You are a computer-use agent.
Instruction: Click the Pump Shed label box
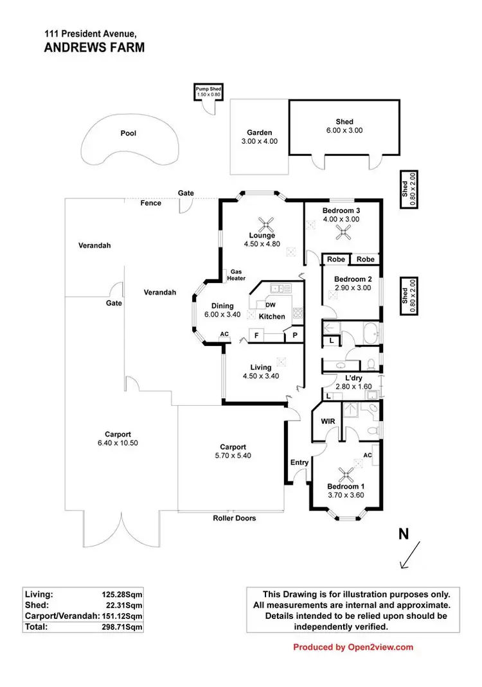click(208, 92)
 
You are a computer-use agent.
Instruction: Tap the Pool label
click(129, 134)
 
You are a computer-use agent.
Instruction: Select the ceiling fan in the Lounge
click(266, 224)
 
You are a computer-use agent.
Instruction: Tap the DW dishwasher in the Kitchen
click(270, 305)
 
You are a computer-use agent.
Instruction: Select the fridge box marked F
click(256, 335)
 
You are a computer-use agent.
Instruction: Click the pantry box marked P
click(294, 335)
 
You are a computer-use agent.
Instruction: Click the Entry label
click(299, 462)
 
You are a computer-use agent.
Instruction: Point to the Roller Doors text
click(235, 517)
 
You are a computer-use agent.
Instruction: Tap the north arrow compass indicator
click(410, 553)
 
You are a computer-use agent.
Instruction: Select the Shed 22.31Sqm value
click(121, 605)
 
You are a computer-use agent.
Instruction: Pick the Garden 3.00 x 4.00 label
click(259, 137)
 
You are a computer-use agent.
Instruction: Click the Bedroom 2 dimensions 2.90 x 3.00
click(353, 288)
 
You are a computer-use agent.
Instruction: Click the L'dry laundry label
click(353, 379)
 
